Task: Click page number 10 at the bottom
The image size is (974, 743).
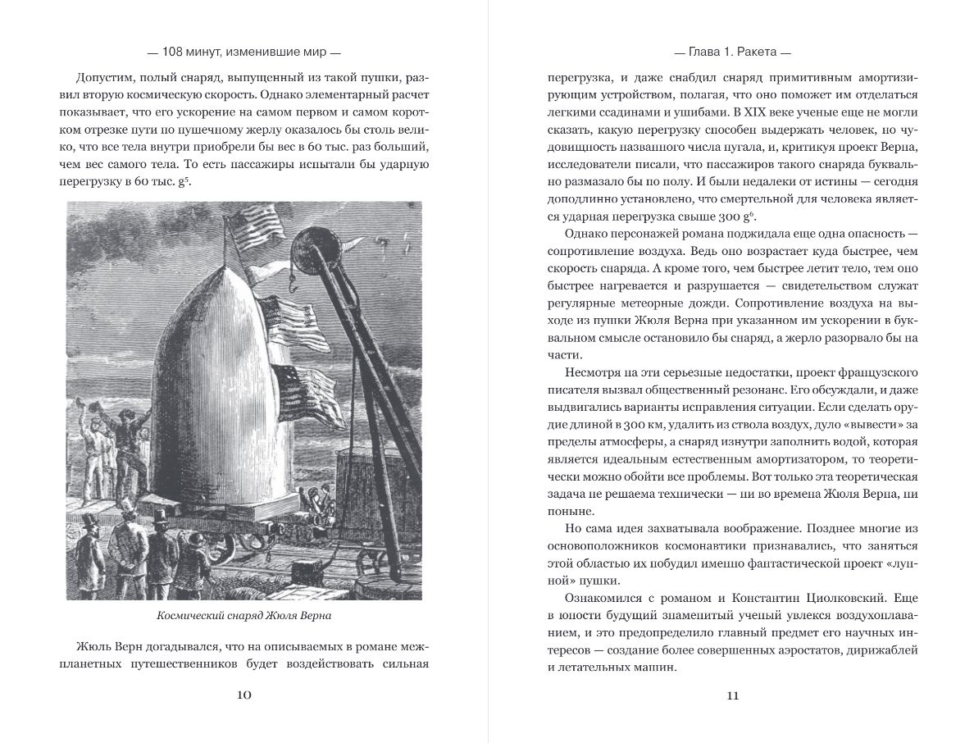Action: (x=243, y=695)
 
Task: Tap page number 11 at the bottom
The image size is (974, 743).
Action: (x=732, y=695)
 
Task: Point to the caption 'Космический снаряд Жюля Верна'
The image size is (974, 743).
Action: (x=244, y=616)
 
